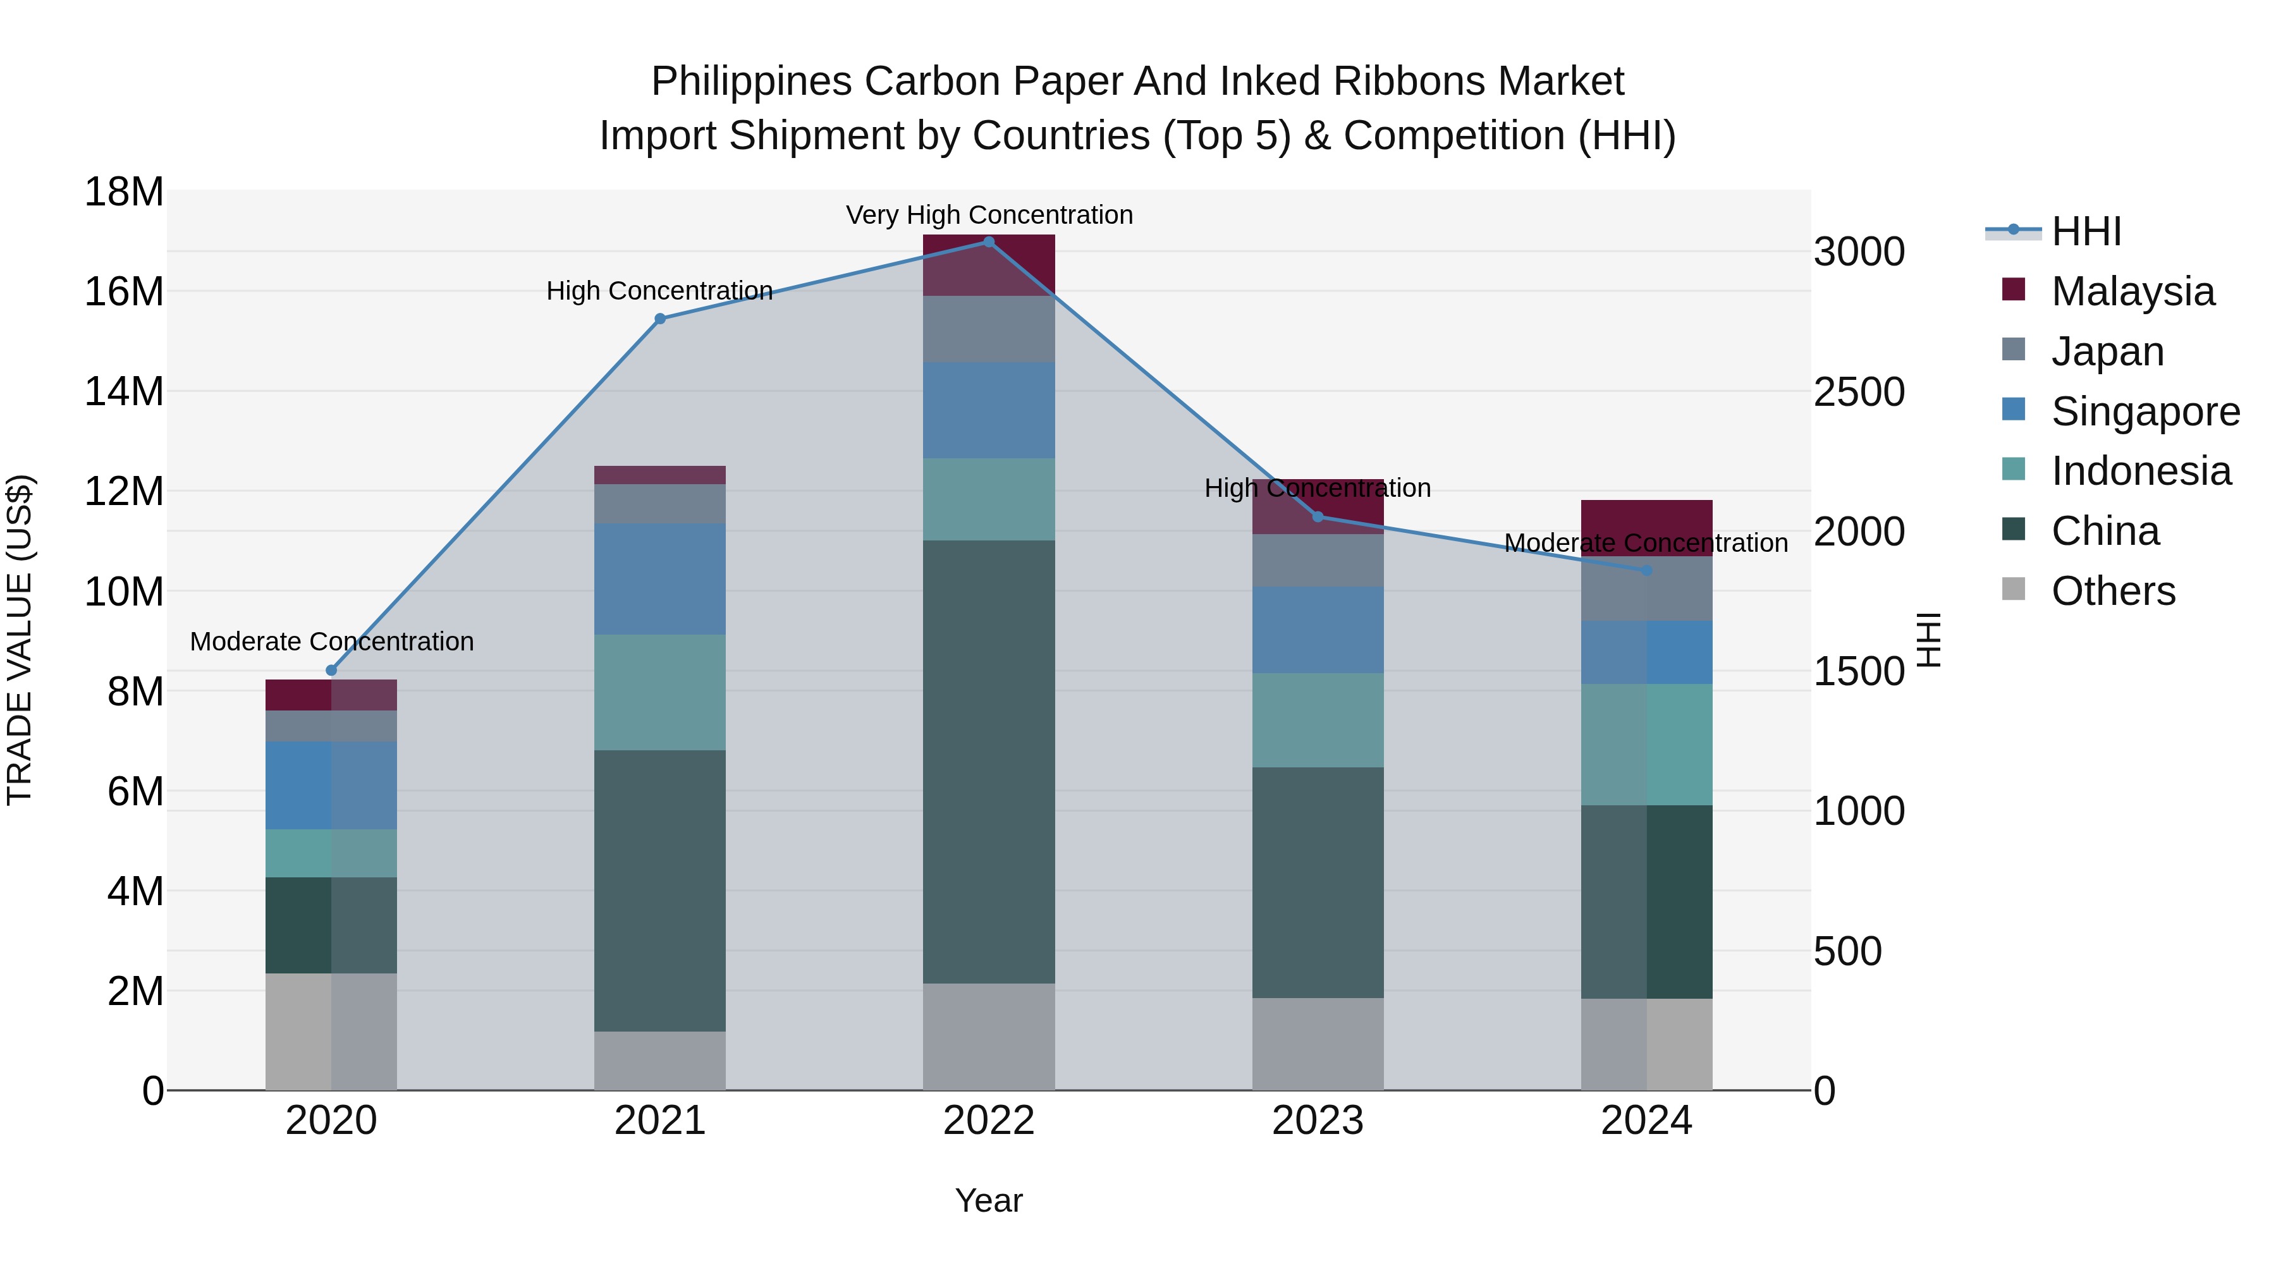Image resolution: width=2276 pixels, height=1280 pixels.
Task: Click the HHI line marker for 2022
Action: click(x=989, y=242)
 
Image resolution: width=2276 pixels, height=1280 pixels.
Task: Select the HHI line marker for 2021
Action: click(x=660, y=319)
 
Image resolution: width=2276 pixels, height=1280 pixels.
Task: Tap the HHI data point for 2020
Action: click(x=331, y=671)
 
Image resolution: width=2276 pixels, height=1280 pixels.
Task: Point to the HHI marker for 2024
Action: click(x=1646, y=571)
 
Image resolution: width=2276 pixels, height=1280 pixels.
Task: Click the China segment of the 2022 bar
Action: click(x=989, y=762)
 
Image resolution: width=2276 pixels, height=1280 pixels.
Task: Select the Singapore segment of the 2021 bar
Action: click(x=660, y=578)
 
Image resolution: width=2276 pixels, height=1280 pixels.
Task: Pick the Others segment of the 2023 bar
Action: click(x=1318, y=1044)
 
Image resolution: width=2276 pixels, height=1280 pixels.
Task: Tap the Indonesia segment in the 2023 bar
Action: click(x=1318, y=720)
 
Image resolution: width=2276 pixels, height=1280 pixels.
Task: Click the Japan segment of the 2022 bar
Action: click(x=989, y=329)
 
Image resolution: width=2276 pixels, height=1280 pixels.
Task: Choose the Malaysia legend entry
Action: click(x=2132, y=291)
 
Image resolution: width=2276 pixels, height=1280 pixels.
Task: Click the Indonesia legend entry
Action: click(x=2140, y=471)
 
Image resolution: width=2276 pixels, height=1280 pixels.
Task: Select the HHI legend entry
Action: click(x=2085, y=231)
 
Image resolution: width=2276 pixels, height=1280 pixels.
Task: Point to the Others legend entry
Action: click(x=2112, y=591)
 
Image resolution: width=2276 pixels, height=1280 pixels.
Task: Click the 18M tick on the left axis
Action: click(x=124, y=192)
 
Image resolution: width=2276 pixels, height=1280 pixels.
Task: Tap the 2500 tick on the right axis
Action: click(x=1859, y=391)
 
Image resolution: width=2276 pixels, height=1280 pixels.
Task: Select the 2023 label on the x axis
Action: click(x=1318, y=1121)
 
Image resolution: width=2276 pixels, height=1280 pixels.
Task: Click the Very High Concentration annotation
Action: click(x=989, y=215)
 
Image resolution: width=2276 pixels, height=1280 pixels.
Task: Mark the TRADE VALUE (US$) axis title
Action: click(x=20, y=640)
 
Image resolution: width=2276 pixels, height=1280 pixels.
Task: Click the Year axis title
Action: click(x=989, y=1200)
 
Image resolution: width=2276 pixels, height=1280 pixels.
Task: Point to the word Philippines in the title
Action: click(x=751, y=82)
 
